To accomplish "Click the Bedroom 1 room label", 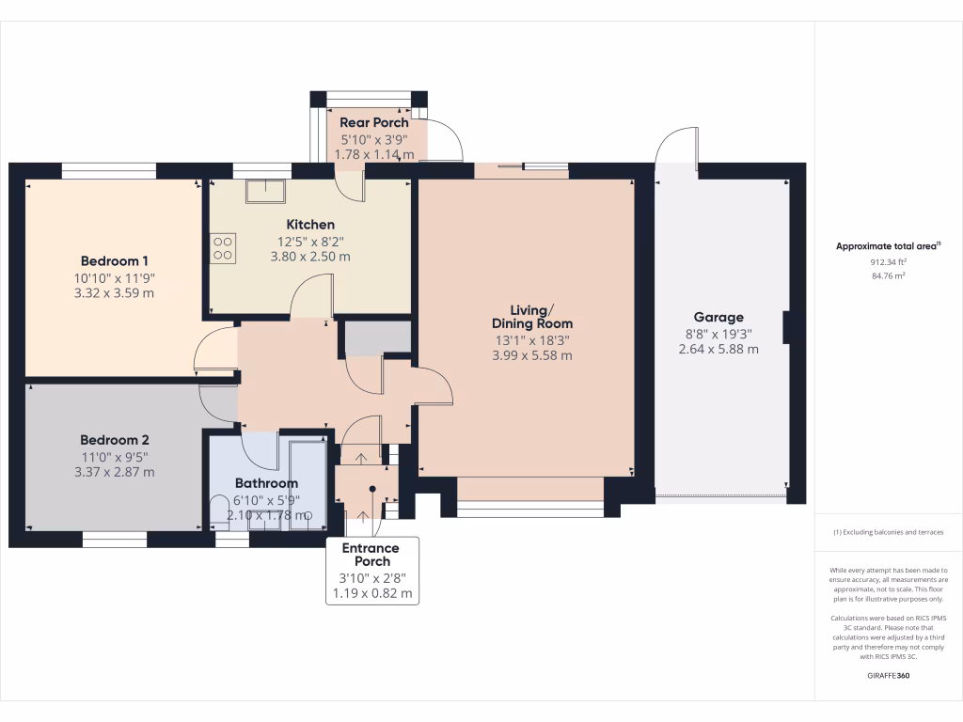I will (x=114, y=260).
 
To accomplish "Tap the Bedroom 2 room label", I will (x=114, y=439).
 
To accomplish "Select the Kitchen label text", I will (x=310, y=225).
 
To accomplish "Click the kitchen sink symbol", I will (x=266, y=191).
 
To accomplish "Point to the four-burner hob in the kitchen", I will (x=224, y=247).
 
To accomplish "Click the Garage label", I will (x=718, y=317).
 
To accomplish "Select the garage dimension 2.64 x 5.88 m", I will (x=718, y=349).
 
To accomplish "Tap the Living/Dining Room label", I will (x=532, y=317).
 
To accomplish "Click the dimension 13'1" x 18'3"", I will (x=532, y=340).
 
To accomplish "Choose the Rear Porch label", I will (x=374, y=122).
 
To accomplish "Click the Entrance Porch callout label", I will (x=371, y=555).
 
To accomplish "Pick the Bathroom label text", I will (x=266, y=483).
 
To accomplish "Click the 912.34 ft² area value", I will (x=889, y=262).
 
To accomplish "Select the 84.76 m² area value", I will (x=889, y=275).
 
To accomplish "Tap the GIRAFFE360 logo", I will (x=889, y=676).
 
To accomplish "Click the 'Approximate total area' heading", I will (x=888, y=246).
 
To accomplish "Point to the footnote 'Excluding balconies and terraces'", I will (x=889, y=533).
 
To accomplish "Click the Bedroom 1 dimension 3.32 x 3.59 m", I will (x=114, y=292).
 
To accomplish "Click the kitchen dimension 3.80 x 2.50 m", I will (x=310, y=256).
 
